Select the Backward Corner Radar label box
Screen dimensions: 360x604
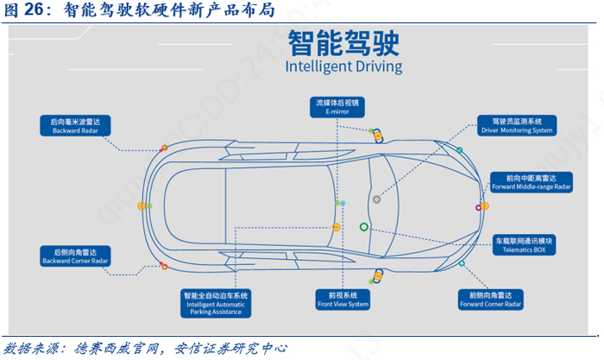pos(76,256)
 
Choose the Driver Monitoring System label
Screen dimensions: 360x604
pos(517,126)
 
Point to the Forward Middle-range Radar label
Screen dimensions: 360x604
pos(532,182)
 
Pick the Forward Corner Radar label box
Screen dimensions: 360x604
pos(490,299)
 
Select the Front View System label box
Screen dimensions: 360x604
pos(343,299)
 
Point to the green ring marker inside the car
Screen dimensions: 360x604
pos(363,227)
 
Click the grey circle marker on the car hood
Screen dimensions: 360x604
pos(376,199)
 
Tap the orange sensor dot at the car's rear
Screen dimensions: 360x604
pos(142,205)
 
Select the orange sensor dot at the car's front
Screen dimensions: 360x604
pos(485,206)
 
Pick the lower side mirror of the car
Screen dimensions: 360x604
pos(377,277)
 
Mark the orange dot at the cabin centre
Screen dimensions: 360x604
pos(337,227)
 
